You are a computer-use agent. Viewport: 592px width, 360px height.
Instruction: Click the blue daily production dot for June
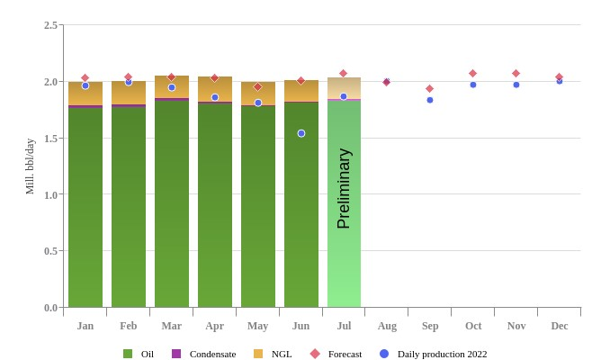coord(301,133)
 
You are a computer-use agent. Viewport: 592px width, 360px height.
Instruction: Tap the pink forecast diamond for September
coord(430,88)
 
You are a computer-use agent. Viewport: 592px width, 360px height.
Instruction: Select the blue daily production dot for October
coord(473,85)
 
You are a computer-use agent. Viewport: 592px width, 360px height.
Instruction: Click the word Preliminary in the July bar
coord(344,188)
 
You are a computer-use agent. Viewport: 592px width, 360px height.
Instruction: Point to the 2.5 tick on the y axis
coord(51,25)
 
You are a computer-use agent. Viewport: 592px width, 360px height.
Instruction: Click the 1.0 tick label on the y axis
coord(51,194)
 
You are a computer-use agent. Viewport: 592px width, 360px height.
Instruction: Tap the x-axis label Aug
coord(387,326)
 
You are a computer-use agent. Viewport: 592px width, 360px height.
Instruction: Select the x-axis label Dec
coord(560,326)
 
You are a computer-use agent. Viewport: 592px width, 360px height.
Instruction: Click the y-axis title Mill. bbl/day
coord(30,166)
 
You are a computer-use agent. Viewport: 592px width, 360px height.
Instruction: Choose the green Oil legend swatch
coord(128,354)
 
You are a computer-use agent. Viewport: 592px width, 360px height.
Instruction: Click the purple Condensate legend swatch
coord(176,354)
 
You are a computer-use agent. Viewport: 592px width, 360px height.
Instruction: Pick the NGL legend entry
coord(281,354)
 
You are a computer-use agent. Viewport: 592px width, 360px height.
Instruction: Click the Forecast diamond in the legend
coord(315,354)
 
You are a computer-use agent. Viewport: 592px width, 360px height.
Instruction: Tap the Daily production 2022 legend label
coord(442,354)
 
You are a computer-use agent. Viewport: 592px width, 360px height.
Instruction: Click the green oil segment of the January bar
coord(85,207)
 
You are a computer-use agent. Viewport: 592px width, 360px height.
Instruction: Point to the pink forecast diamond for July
coord(344,73)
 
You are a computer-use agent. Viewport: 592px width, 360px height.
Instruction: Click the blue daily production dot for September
coord(430,100)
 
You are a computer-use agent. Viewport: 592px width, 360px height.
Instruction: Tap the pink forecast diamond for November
coord(516,73)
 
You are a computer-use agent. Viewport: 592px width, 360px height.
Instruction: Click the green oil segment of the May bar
coord(258,207)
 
